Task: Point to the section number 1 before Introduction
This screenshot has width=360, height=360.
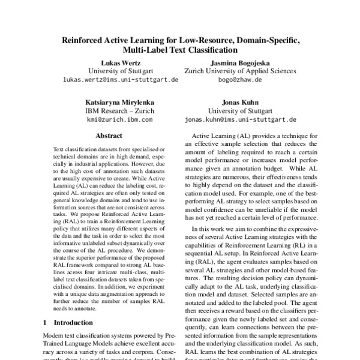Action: click(46, 323)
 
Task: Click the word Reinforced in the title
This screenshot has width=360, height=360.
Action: click(88, 40)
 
